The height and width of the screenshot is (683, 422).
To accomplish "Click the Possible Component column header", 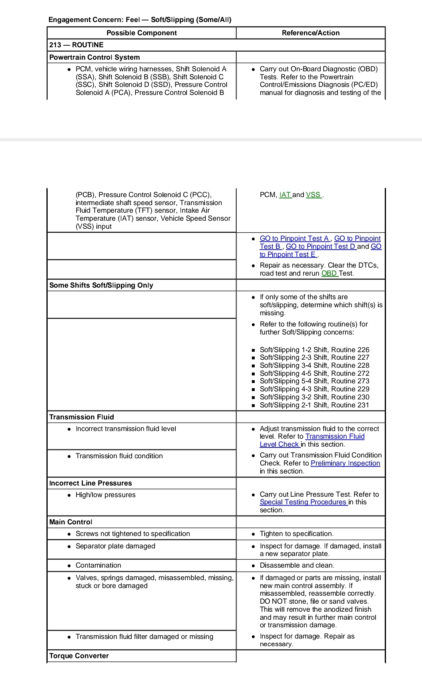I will click(141, 33).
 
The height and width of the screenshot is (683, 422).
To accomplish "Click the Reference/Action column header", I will click(310, 33).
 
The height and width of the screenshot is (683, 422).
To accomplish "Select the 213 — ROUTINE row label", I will click(76, 45).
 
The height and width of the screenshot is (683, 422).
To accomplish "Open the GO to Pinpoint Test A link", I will click(295, 238).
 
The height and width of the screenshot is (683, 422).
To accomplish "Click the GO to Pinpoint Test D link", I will click(321, 246).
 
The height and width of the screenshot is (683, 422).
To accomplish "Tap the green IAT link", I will click(285, 195).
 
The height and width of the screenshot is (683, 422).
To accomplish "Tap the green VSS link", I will click(313, 195).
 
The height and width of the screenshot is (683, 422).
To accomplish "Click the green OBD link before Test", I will click(329, 273).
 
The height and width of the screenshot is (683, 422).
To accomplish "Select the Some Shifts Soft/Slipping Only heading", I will click(101, 285).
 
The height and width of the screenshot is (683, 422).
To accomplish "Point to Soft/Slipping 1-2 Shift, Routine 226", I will click(314, 350).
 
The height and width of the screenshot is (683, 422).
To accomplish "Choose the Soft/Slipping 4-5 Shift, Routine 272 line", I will click(314, 373).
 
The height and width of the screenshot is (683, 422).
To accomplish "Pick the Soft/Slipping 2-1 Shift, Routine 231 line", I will click(314, 405).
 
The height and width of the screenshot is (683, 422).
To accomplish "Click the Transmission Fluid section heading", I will click(81, 417).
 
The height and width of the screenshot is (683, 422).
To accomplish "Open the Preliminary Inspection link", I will click(345, 463).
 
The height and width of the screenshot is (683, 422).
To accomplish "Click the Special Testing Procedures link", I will click(303, 502).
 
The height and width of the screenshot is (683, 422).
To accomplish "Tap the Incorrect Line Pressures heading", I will click(90, 483).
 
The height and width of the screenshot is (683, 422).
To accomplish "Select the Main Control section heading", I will click(70, 522).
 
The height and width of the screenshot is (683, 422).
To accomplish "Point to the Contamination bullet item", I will click(98, 565).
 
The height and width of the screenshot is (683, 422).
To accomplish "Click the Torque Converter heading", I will click(79, 656).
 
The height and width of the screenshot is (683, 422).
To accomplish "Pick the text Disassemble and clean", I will click(297, 565).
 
